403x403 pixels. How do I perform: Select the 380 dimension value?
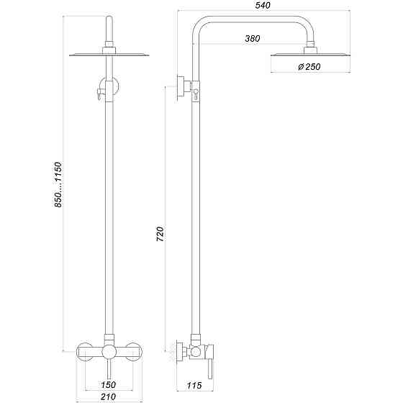point(252,38)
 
